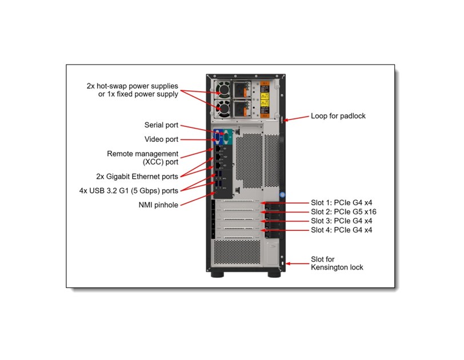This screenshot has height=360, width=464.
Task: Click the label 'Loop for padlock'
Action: [x=338, y=116]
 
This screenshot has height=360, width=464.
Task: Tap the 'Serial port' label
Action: [x=161, y=125]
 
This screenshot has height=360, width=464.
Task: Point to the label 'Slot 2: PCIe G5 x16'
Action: [x=343, y=211]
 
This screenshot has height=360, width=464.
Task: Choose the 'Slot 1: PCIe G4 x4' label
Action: [x=341, y=203]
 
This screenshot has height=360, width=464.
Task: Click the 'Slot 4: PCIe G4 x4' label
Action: [x=341, y=230]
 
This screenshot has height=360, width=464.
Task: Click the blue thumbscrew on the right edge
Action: [x=282, y=193]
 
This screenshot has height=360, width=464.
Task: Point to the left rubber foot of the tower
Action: [x=218, y=274]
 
